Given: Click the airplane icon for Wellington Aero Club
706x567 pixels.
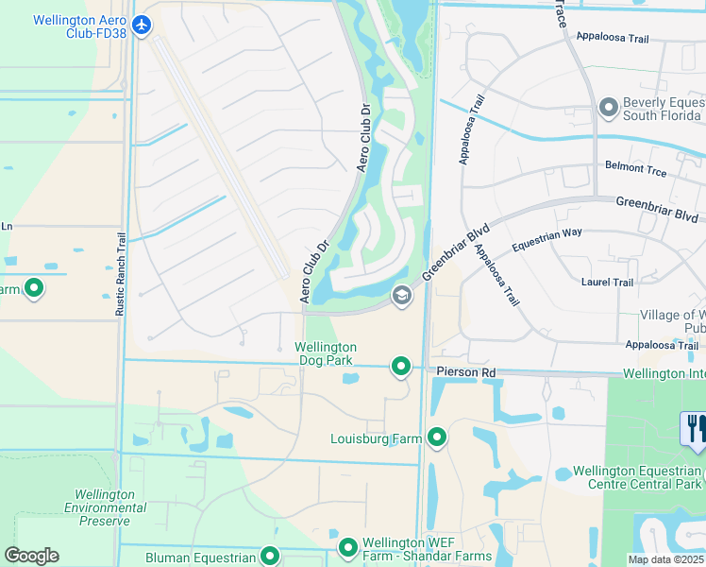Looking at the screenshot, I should click(143, 26).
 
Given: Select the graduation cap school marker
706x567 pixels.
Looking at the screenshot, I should click(401, 297).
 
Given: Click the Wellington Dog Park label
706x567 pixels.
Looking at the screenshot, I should click(326, 353).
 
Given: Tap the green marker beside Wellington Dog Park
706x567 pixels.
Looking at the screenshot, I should click(401, 366).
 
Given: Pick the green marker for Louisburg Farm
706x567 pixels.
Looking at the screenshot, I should click(437, 438).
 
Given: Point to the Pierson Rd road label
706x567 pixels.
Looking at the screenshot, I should click(466, 373).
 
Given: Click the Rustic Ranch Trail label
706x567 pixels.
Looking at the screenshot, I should click(121, 274).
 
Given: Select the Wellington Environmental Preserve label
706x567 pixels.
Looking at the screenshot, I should click(104, 507).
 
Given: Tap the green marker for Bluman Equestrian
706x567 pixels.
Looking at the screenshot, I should click(271, 557).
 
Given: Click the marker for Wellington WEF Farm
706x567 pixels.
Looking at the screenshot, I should click(348, 547).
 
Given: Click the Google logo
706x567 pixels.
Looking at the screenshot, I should click(31, 556).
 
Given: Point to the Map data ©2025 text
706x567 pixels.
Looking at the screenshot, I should click(665, 559).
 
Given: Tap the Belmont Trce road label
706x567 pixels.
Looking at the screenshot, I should click(635, 171).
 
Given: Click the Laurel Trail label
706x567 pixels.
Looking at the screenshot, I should click(608, 282).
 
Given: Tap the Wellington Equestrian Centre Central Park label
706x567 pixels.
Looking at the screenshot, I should click(638, 477).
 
